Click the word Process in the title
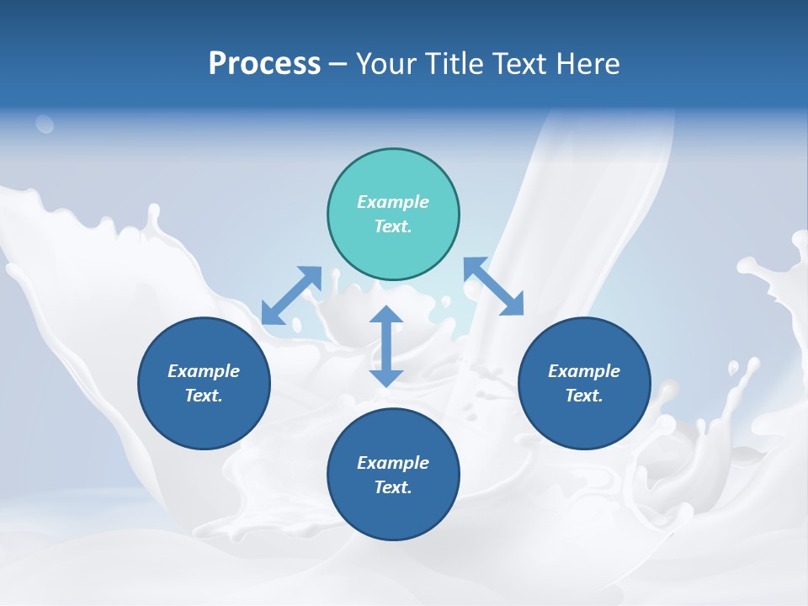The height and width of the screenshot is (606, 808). pyautogui.click(x=264, y=64)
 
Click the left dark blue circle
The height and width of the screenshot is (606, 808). pyautogui.click(x=204, y=383)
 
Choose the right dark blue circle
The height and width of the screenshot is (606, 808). pyautogui.click(x=584, y=383)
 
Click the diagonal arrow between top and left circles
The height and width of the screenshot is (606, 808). pyautogui.click(x=291, y=295)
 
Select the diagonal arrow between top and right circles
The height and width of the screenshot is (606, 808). pyautogui.click(x=494, y=286)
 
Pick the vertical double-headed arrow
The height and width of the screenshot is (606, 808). pyautogui.click(x=386, y=346)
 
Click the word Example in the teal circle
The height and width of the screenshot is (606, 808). pyautogui.click(x=393, y=202)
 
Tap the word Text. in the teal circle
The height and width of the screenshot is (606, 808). pyautogui.click(x=393, y=226)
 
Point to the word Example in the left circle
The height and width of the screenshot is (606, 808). pyautogui.click(x=204, y=371)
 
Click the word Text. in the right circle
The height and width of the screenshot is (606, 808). pyautogui.click(x=584, y=396)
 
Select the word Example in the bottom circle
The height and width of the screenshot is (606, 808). pyautogui.click(x=393, y=463)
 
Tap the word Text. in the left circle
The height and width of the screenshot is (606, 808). pyautogui.click(x=204, y=396)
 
